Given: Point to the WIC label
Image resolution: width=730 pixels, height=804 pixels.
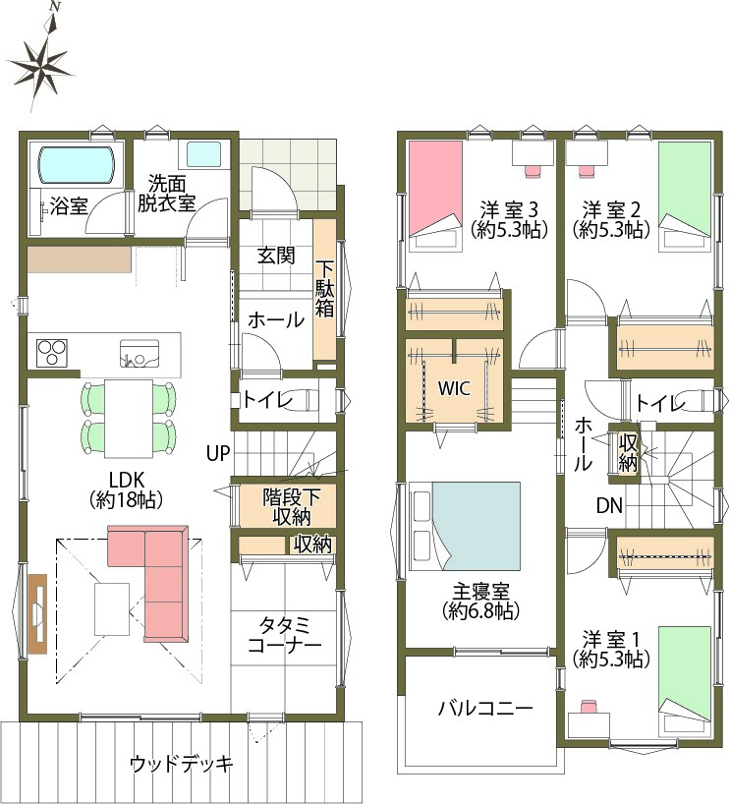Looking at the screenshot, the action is click(454, 388).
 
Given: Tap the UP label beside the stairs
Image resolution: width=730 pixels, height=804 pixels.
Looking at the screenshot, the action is click(218, 453).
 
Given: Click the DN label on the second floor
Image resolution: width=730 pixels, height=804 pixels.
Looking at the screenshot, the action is click(609, 506).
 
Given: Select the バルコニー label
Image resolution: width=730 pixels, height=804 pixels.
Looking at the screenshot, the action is click(485, 708).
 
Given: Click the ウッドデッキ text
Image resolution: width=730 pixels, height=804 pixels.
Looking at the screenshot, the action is click(181, 764).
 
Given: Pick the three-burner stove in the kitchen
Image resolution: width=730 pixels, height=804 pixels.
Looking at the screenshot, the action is click(52, 353).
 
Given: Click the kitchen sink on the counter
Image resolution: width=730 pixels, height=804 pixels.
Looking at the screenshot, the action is click(140, 354).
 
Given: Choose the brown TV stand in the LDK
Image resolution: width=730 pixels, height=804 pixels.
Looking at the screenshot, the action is click(37, 613).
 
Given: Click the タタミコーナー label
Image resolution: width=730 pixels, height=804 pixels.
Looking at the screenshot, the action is click(284, 635).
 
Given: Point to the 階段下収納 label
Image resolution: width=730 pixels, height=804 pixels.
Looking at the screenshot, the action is click(291, 506).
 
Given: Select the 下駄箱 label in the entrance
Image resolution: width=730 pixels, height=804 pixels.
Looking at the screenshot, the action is click(324, 289).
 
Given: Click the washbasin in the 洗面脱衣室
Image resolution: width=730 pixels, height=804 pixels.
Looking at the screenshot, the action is click(203, 154).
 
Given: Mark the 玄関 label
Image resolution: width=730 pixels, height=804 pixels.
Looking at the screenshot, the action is click(276, 255).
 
